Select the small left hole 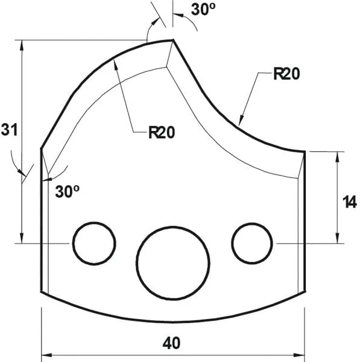click(94, 243)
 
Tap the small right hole click(252, 243)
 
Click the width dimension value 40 click(172, 343)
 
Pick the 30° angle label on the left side click(68, 191)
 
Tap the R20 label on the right click(286, 74)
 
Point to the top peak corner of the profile click(173, 40)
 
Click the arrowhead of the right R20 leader click(240, 122)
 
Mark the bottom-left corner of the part click(41, 291)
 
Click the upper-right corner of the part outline click(305, 151)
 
